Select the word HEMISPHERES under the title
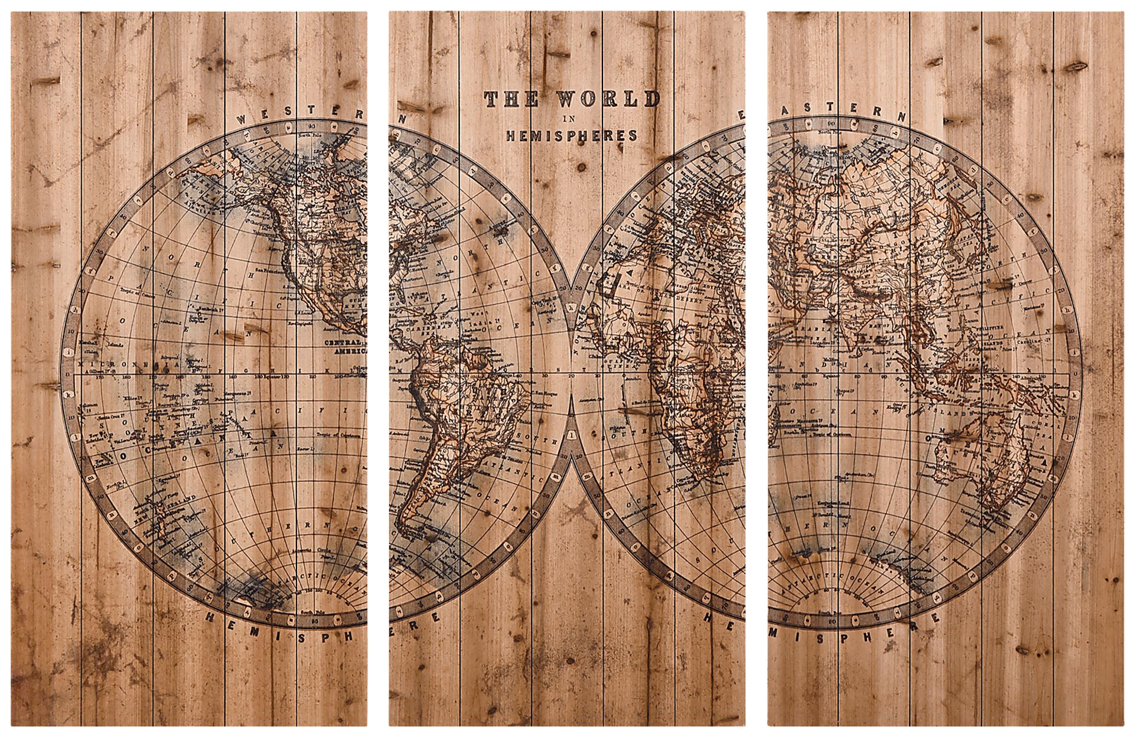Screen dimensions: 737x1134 [571, 135]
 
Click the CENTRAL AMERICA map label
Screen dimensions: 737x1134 [345, 346]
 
